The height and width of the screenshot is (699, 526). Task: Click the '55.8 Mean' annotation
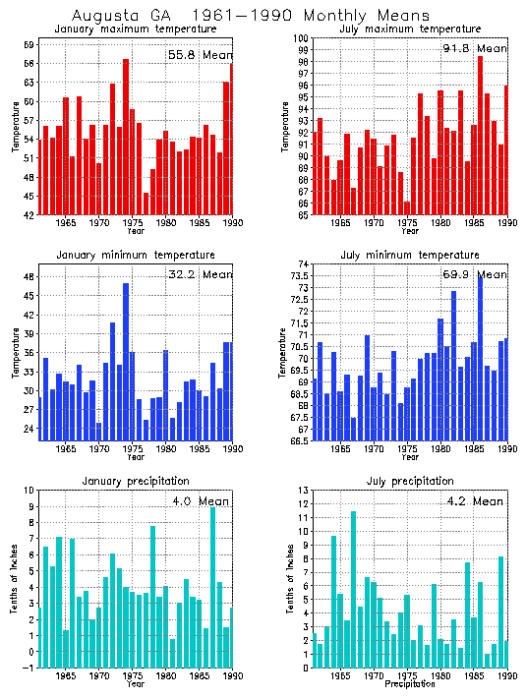pos(199,55)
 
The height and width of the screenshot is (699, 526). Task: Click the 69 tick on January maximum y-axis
pos(29,45)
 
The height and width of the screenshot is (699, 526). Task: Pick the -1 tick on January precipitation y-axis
pos(29,668)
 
